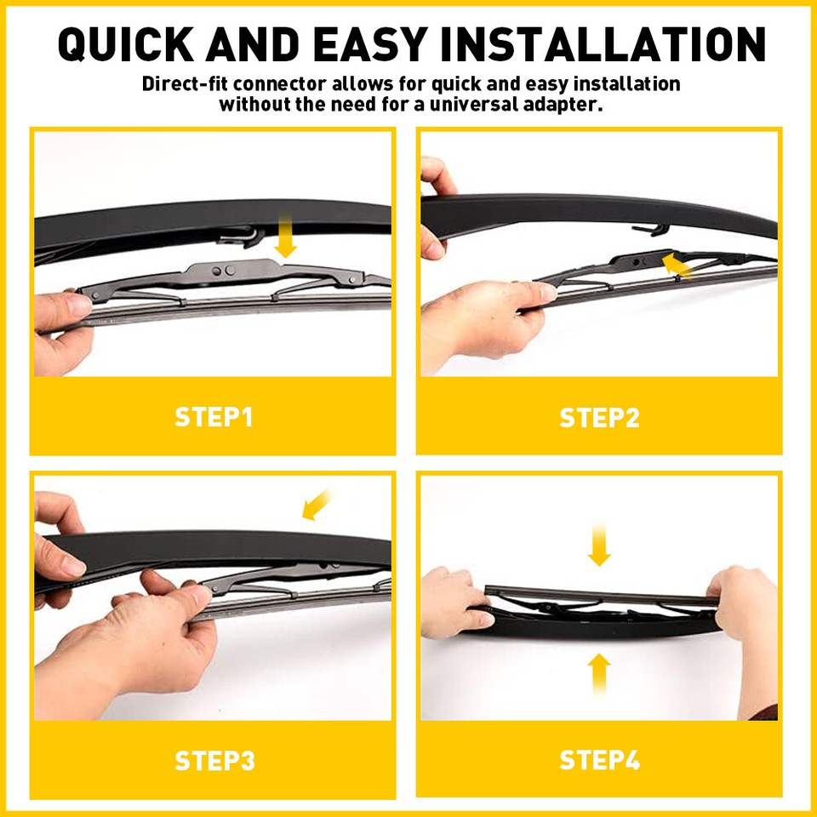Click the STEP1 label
[x=214, y=417]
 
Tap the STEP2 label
[x=599, y=417]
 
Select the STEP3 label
[x=214, y=760]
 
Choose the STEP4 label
[x=599, y=760]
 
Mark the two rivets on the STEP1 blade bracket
[x=224, y=271]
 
